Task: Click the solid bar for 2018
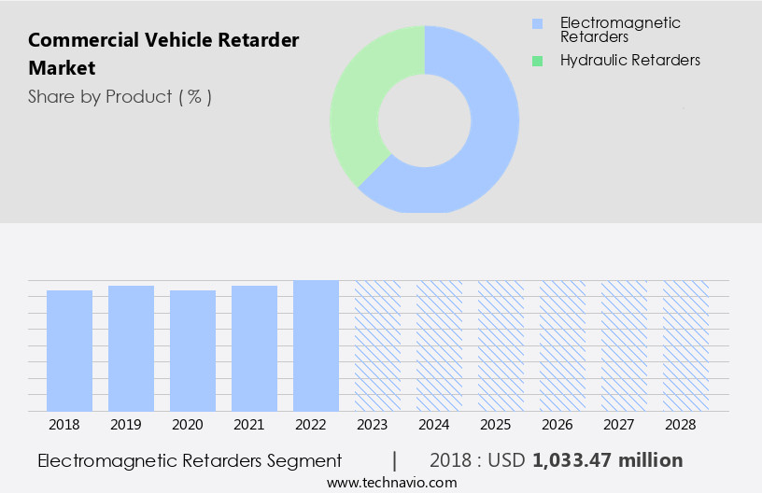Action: pyautogui.click(x=69, y=350)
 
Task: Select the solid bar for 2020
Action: pyautogui.click(x=192, y=350)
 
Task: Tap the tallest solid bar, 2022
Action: pyautogui.click(x=316, y=345)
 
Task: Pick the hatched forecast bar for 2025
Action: pyautogui.click(x=501, y=345)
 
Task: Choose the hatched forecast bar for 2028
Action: pyautogui.click(x=685, y=345)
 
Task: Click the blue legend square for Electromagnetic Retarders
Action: pyautogui.click(x=537, y=23)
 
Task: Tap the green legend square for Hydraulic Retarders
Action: pyautogui.click(x=537, y=61)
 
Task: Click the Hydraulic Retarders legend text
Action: pyautogui.click(x=629, y=61)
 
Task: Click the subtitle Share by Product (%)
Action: pyautogui.click(x=120, y=96)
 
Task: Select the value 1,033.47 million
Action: pyautogui.click(x=607, y=460)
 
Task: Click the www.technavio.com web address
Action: pyautogui.click(x=392, y=483)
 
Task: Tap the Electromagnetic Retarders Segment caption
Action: pyautogui.click(x=190, y=460)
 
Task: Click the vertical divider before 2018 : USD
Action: pyautogui.click(x=395, y=460)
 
